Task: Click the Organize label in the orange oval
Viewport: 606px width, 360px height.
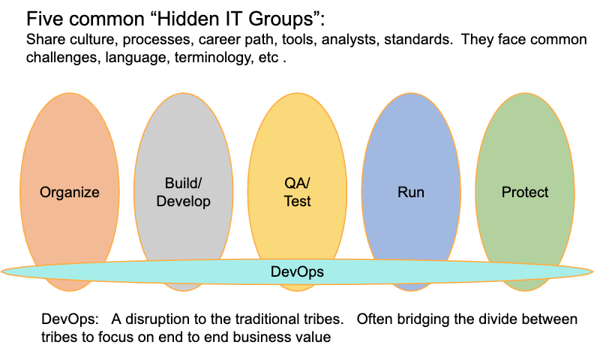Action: [x=70, y=192]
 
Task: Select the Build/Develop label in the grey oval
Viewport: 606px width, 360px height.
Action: [x=183, y=192]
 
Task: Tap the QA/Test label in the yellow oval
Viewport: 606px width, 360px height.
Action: [x=297, y=192]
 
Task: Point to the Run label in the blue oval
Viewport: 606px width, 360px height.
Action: [x=411, y=192]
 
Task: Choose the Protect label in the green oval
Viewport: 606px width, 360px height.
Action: [x=525, y=192]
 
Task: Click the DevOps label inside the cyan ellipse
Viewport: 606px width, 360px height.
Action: [x=297, y=271]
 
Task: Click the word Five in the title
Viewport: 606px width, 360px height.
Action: [x=42, y=19]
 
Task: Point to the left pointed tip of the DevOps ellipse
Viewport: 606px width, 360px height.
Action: [x=2, y=271]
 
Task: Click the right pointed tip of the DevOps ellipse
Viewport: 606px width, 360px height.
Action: [x=592, y=271]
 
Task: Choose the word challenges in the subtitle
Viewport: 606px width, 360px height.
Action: [x=64, y=58]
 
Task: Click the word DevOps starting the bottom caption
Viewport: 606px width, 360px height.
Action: [x=70, y=319]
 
